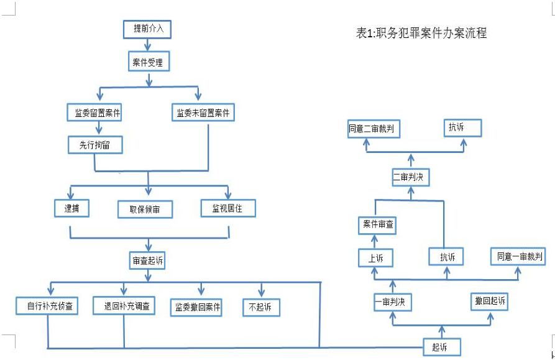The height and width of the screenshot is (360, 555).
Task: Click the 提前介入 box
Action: pyautogui.click(x=147, y=29)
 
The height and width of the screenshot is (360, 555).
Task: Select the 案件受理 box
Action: pyautogui.click(x=149, y=61)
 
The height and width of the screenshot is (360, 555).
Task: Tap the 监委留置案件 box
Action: pyautogui.click(x=94, y=113)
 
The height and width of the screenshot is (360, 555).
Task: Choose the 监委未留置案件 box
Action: pyautogui.click(x=203, y=112)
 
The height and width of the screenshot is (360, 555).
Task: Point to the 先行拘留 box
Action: pyautogui.click(x=95, y=145)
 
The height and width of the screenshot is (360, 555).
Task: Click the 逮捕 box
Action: pyautogui.click(x=72, y=208)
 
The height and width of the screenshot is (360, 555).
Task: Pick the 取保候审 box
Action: pyautogui.click(x=145, y=209)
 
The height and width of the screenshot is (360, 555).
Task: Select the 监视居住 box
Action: pyautogui.click(x=228, y=208)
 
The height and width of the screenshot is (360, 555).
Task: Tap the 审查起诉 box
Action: pyautogui.click(x=147, y=261)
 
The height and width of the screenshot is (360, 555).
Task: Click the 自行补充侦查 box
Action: pyautogui.click(x=47, y=306)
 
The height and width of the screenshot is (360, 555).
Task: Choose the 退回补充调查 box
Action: pyautogui.click(x=124, y=305)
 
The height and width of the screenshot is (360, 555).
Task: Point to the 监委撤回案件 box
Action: pyautogui.click(x=196, y=307)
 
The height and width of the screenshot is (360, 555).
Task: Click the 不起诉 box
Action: pyautogui.click(x=261, y=307)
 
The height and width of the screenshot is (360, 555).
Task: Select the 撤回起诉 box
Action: pyautogui.click(x=490, y=302)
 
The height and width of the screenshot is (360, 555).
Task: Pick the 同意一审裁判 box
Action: pyautogui.click(x=518, y=256)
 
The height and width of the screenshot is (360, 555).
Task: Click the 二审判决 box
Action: pyautogui.click(x=411, y=177)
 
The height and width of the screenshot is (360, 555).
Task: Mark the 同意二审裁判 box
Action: pyautogui.click(x=374, y=129)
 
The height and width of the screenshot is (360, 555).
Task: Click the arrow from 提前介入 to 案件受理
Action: pyautogui.click(x=147, y=45)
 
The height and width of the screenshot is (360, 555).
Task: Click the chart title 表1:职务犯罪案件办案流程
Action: pyautogui.click(x=421, y=33)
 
